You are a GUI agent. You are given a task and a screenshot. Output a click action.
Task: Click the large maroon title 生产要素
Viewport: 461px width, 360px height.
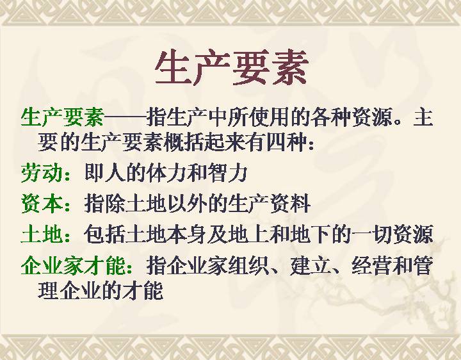point(232,68)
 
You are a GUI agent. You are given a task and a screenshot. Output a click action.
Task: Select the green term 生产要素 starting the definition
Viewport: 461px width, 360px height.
point(62,117)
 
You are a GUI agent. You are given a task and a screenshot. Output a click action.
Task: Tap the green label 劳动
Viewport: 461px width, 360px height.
point(41,174)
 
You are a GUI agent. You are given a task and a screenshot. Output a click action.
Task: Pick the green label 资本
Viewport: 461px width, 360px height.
point(41,204)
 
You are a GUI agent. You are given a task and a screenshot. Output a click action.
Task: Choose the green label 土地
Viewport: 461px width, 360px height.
point(41,234)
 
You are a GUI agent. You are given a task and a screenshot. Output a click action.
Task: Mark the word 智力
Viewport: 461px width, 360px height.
point(227,174)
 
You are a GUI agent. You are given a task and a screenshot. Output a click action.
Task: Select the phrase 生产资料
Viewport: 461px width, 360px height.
point(270,204)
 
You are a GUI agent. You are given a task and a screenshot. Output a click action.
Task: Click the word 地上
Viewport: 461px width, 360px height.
point(248,234)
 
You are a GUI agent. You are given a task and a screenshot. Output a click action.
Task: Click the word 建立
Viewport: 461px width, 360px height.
point(310,265)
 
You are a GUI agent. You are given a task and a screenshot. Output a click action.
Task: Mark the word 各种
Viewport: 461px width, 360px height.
point(331,117)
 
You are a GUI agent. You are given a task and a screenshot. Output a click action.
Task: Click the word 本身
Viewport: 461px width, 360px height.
point(186,234)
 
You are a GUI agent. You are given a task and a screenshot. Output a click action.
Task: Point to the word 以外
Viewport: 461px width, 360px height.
point(188,204)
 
